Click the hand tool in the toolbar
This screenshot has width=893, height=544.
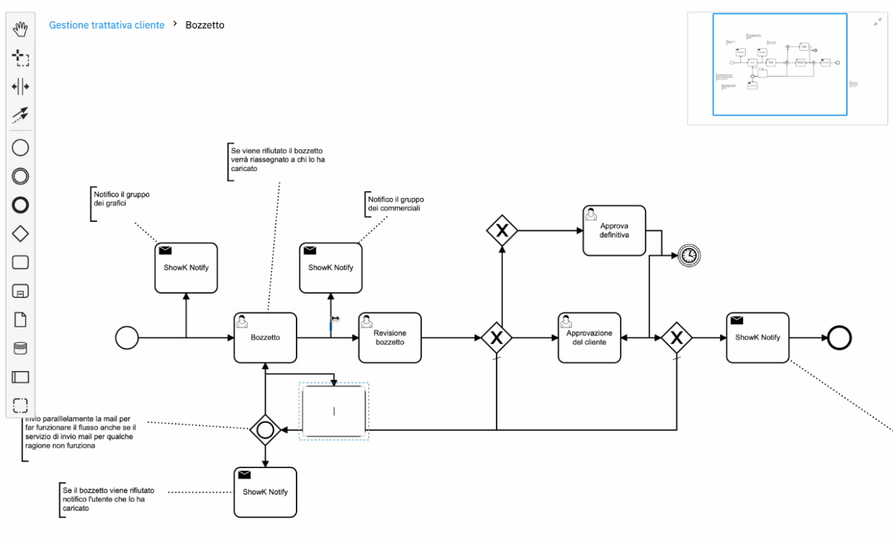click(21, 29)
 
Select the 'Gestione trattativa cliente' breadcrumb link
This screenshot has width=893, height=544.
click(107, 25)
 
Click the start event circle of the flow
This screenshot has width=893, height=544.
click(126, 338)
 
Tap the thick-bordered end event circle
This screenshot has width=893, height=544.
click(839, 338)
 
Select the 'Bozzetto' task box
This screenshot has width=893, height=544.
click(265, 338)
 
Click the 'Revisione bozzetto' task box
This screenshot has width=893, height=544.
click(390, 338)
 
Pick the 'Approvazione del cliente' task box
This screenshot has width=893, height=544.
click(589, 338)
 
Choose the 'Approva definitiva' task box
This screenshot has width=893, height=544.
click(614, 230)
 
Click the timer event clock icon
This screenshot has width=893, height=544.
click(689, 256)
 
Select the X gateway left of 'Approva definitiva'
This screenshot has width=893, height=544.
click(502, 230)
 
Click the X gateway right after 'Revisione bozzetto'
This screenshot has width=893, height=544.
click(496, 338)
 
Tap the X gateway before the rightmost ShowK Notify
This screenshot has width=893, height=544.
click(676, 338)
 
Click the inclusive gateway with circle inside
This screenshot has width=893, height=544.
click(265, 430)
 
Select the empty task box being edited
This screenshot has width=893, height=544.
click(333, 411)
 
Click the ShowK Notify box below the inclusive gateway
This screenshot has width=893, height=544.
click(265, 492)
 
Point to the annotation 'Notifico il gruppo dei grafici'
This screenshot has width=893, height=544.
click(122, 199)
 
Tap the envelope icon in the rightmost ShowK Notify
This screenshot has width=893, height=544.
click(736, 321)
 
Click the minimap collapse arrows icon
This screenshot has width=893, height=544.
click(877, 22)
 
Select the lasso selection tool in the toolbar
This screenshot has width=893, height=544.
click(21, 59)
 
